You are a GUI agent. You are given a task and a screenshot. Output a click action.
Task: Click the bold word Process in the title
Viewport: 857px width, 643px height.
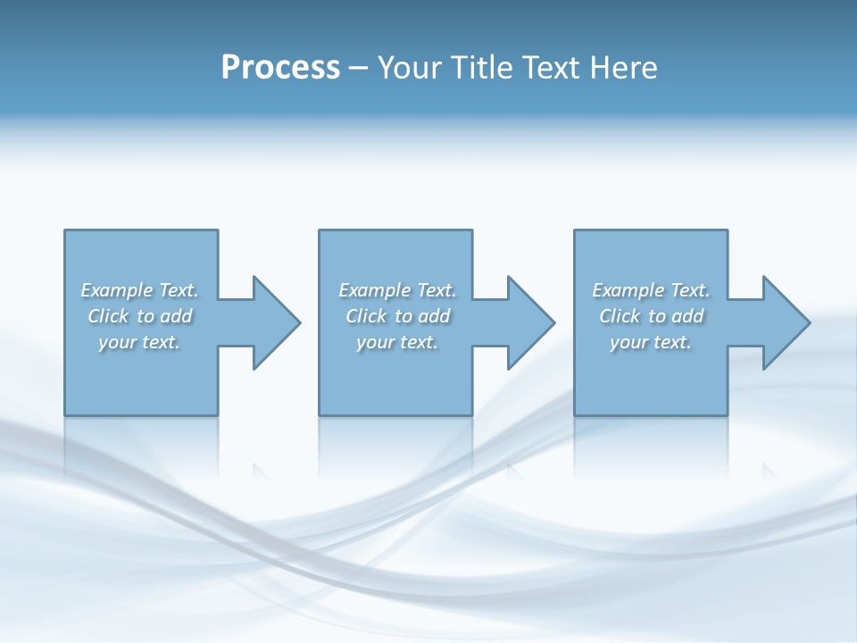(280, 68)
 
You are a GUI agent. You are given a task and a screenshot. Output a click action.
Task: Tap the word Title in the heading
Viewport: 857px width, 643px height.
(481, 68)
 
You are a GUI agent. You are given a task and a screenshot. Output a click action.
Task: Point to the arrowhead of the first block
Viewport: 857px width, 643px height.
(279, 322)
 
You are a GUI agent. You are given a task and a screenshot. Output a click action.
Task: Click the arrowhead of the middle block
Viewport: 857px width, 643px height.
(533, 322)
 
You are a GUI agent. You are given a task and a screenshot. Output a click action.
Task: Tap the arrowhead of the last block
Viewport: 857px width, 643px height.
(788, 322)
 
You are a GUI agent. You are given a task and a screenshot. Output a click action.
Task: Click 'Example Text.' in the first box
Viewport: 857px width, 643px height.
(139, 290)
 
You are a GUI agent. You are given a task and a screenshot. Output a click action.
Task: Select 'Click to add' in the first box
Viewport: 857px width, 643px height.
(139, 316)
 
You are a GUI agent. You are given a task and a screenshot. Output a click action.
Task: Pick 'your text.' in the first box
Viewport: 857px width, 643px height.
(139, 342)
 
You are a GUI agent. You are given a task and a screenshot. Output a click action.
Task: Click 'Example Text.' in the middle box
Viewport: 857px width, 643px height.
(397, 290)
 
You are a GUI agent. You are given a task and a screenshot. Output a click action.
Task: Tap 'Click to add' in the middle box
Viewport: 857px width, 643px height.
(397, 316)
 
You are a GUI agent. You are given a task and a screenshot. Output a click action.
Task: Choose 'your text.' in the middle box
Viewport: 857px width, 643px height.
(397, 342)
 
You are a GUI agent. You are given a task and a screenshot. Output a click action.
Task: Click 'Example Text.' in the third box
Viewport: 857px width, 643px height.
(651, 290)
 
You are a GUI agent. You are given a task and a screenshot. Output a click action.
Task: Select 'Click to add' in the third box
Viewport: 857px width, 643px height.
(651, 316)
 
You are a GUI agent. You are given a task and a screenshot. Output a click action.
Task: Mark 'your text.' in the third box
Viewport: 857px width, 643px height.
(651, 342)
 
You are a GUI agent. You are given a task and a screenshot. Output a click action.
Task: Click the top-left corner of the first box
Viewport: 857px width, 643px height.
(65, 230)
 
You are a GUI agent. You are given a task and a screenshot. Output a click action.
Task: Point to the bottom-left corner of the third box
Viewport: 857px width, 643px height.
(575, 414)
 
